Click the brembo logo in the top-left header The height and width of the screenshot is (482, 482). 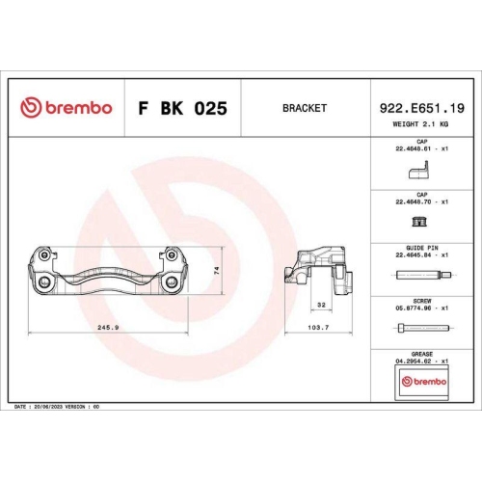tap(66, 108)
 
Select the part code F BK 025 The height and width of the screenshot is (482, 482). tap(182, 108)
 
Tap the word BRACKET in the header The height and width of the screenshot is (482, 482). tap(304, 108)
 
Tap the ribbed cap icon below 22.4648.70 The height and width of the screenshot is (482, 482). tap(418, 224)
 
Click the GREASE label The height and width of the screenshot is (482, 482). tap(422, 354)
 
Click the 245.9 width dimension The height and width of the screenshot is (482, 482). tap(107, 328)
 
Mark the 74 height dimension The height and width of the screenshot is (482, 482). tap(217, 270)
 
